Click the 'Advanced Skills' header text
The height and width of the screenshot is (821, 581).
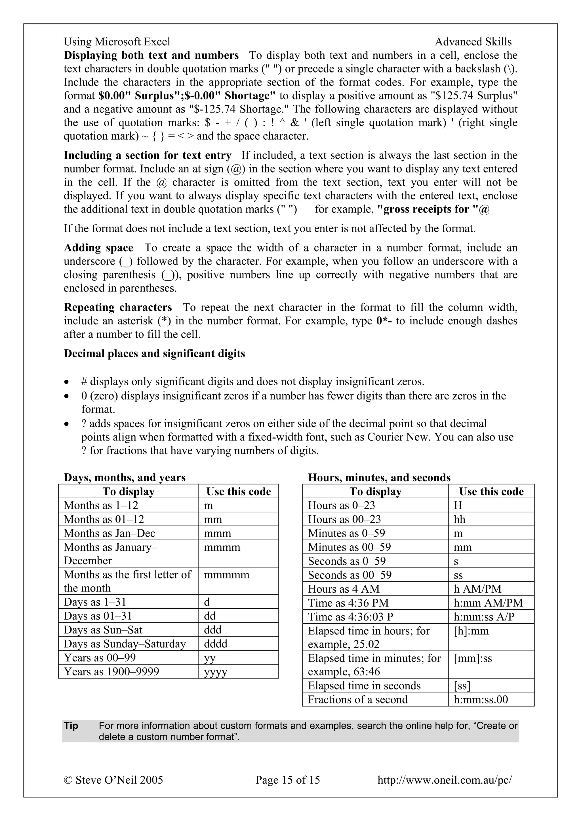pyautogui.click(x=473, y=42)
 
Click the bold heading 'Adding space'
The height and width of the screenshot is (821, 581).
pyautogui.click(x=98, y=248)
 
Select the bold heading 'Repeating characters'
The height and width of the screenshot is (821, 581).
pyautogui.click(x=118, y=307)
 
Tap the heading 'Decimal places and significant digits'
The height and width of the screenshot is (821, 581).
pyautogui.click(x=154, y=354)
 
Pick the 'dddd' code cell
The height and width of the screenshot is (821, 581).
pyautogui.click(x=216, y=644)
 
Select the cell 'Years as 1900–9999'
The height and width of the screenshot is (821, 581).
pyautogui.click(x=111, y=672)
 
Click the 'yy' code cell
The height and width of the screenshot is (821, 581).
pyautogui.click(x=210, y=658)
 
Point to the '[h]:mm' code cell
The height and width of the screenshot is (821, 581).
pyautogui.click(x=471, y=631)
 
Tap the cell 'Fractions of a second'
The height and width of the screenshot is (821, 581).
pyautogui.click(x=358, y=699)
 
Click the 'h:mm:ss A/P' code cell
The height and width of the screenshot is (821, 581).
pyautogui.click(x=484, y=617)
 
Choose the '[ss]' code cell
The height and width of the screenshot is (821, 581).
pyautogui.click(x=462, y=686)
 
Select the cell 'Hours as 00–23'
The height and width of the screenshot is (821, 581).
pyautogui.click(x=344, y=519)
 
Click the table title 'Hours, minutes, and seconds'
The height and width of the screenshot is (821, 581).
pyautogui.click(x=379, y=478)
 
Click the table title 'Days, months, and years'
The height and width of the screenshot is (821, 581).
pyautogui.click(x=125, y=478)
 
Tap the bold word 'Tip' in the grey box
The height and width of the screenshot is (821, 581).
pyautogui.click(x=71, y=726)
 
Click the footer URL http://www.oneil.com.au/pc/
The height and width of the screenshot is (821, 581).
pyautogui.click(x=444, y=780)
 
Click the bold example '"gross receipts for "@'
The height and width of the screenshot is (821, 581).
pyautogui.click(x=433, y=209)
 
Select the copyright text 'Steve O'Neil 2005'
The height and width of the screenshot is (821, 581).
pyautogui.click(x=119, y=780)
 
